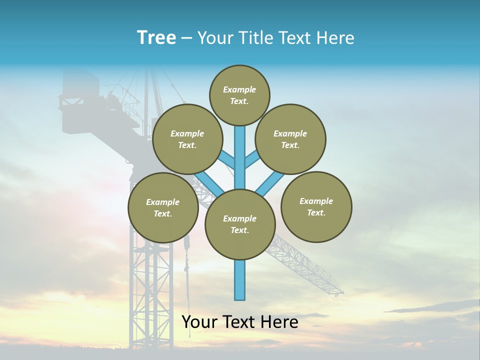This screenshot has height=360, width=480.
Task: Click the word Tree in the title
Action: pos(156,38)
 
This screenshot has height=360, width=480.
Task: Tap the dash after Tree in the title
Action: pos(186,38)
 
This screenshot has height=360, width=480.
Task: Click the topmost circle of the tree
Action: pos(239,95)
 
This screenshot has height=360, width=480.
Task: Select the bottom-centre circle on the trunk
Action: pos(240,224)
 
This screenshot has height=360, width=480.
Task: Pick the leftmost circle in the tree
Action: pos(163,208)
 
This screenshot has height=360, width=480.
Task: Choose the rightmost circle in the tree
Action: pos(316,207)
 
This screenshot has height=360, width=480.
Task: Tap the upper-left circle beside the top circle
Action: pos(187,139)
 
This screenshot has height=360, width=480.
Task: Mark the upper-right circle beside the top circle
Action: pos(290,139)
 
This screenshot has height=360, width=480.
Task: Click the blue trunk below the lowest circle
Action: pos(240,280)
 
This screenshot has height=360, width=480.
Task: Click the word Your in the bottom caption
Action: pos(199,322)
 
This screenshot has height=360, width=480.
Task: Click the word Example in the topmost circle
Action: pos(239,89)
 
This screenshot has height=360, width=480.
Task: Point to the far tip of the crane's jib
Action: pos(342,292)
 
